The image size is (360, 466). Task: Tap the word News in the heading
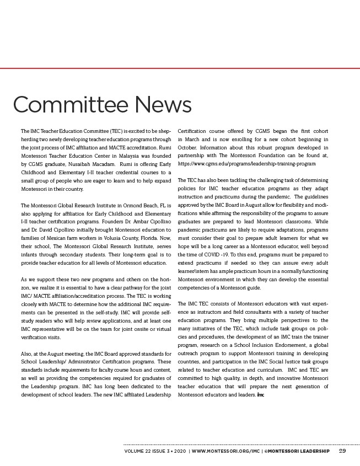(162, 105)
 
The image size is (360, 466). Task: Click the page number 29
(342, 451)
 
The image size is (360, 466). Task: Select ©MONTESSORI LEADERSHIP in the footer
(297, 451)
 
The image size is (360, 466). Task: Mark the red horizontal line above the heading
(180, 68)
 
